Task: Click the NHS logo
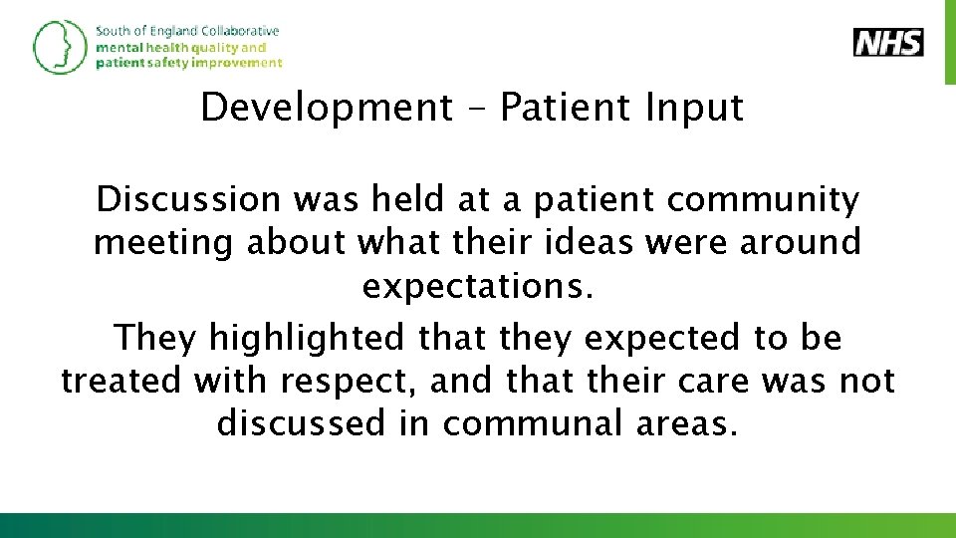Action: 888,43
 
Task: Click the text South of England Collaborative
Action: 187,31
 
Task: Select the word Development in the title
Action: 327,108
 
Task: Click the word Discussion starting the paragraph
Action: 188,200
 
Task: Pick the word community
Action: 763,200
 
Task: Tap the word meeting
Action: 164,242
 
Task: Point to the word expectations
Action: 478,286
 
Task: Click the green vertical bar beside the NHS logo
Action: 949,43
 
